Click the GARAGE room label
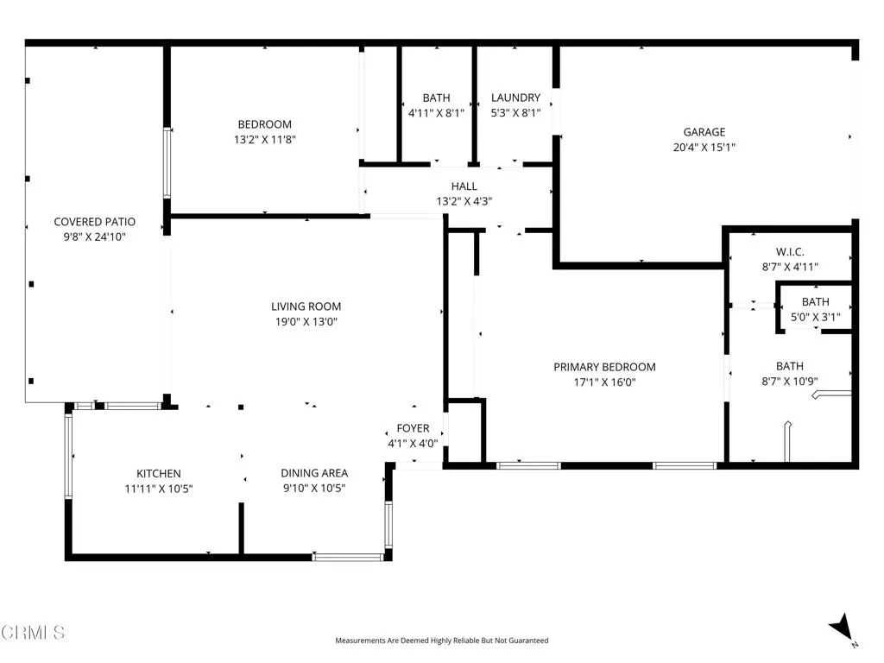[x=704, y=132]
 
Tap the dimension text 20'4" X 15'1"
[x=704, y=147]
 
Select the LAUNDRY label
[x=515, y=98]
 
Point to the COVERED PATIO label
[x=94, y=222]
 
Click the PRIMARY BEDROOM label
[x=604, y=367]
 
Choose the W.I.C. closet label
[x=790, y=252]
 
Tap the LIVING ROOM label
[x=306, y=306]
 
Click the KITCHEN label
[x=159, y=473]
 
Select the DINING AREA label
[x=314, y=473]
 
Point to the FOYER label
[x=413, y=428]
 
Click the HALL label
[x=464, y=186]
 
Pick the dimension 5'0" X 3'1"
[x=815, y=317]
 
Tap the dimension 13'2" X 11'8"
[x=265, y=139]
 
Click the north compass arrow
[x=841, y=628]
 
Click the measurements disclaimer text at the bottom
[x=441, y=641]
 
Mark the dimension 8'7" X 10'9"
[x=789, y=381]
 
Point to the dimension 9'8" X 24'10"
[x=94, y=237]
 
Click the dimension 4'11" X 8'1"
[x=436, y=112]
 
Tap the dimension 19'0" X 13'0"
[x=306, y=321]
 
